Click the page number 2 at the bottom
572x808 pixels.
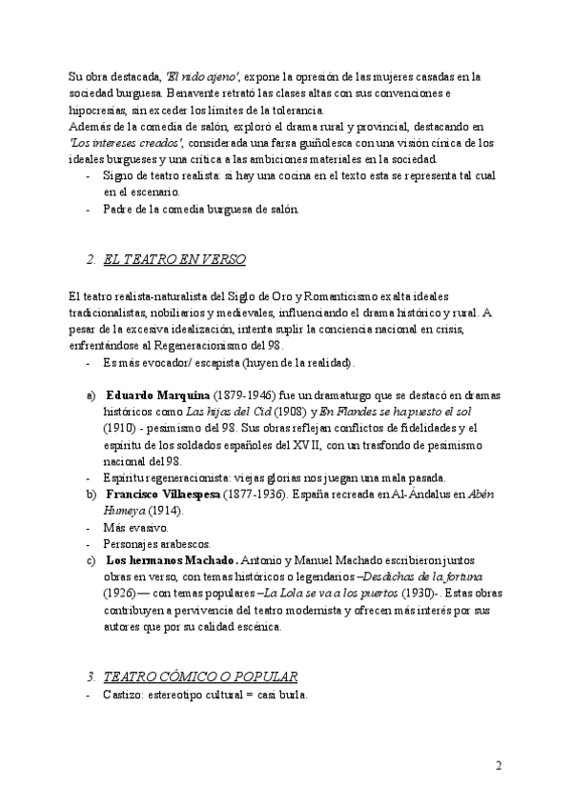499,764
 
